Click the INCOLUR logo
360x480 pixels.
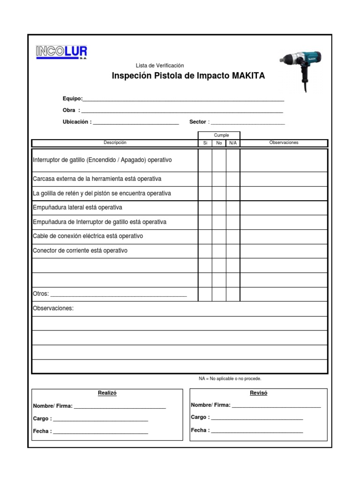point(61,52)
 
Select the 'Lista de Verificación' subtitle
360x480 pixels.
point(159,66)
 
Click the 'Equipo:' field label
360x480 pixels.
point(73,98)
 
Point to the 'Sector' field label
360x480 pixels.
point(198,122)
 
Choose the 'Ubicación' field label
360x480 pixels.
point(77,122)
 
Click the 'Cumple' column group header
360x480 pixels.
point(221,135)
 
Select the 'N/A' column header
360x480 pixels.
point(233,143)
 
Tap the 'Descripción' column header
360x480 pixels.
point(115,143)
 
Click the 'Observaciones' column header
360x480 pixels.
point(284,143)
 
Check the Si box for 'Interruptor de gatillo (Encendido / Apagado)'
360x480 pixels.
point(205,160)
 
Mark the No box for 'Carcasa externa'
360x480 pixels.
point(219,179)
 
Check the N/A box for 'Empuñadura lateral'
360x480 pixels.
point(233,208)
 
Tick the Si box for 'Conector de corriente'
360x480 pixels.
point(205,251)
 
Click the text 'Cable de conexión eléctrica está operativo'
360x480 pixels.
point(88,236)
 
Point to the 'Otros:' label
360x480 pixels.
point(41,294)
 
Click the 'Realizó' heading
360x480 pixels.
point(107,393)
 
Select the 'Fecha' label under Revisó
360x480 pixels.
point(200,430)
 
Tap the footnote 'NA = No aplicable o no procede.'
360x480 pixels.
point(230,378)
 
